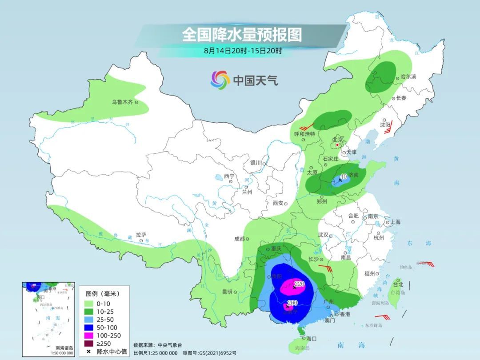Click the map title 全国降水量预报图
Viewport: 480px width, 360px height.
click(x=241, y=34)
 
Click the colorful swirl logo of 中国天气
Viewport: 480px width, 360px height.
click(x=220, y=80)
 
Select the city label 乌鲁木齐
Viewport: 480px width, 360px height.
click(x=122, y=102)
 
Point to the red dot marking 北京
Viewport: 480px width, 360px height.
click(x=338, y=145)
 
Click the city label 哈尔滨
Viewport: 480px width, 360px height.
click(x=408, y=77)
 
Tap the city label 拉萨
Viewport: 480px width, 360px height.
click(x=141, y=234)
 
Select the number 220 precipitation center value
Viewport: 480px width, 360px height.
click(x=299, y=284)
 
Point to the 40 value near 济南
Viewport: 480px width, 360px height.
click(x=343, y=176)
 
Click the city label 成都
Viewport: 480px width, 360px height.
click(x=239, y=239)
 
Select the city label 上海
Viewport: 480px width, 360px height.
click(x=395, y=222)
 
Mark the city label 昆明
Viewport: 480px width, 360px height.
click(x=227, y=292)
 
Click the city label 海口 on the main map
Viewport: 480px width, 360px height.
click(x=311, y=339)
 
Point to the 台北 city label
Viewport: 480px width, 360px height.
click(x=398, y=284)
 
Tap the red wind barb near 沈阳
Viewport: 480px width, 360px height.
click(x=388, y=131)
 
